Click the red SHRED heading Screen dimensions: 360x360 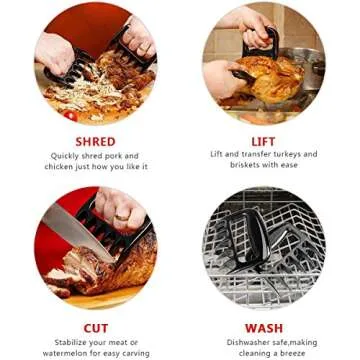(95, 141)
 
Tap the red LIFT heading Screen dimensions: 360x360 (264, 141)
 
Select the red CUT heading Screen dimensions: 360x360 (96, 328)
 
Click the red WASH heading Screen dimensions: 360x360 (264, 328)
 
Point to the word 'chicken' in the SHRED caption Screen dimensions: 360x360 (59, 167)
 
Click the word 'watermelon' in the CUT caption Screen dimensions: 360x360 (67, 353)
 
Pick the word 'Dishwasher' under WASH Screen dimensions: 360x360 (237, 342)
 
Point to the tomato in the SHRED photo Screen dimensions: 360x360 (70, 115)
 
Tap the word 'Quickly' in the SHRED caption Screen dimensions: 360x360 (67, 156)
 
